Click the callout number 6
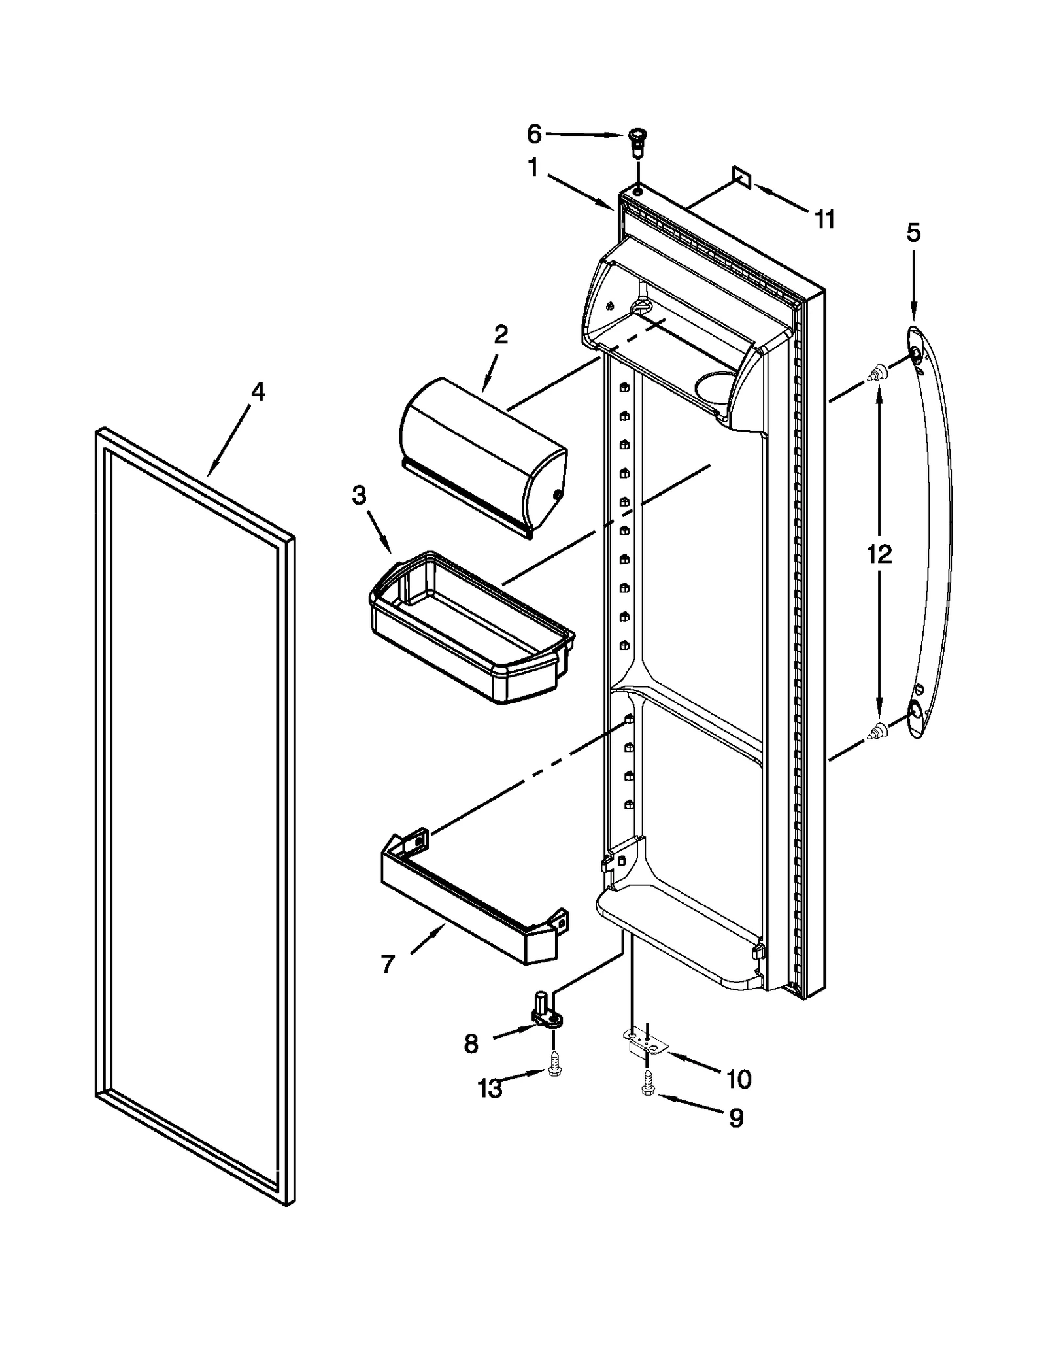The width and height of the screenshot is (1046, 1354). coord(533,135)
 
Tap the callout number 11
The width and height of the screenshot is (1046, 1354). coord(825,220)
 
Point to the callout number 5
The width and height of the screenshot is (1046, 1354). coord(913,232)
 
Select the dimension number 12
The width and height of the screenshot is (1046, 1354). coord(879,554)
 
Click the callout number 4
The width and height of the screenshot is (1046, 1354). coord(258,392)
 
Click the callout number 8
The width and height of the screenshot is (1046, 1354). coord(471,1044)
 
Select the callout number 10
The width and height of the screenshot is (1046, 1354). coord(738,1079)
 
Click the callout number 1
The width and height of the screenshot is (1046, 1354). coord(533,168)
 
